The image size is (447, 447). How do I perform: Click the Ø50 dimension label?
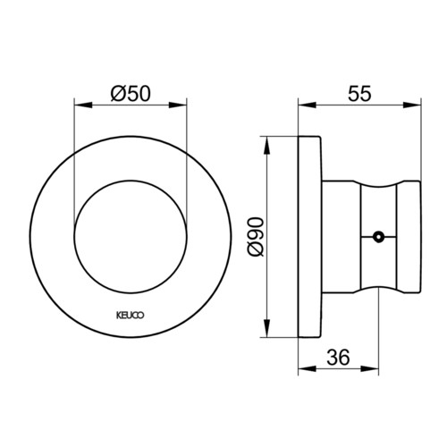131,94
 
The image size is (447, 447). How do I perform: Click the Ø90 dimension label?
256,237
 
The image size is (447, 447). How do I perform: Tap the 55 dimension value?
359,94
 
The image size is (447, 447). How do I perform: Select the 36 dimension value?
338,357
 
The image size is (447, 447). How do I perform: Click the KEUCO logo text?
130,316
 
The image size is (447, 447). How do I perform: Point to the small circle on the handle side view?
378,237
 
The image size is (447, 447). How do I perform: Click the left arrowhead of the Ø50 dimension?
82,105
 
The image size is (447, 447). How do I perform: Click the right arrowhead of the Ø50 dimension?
178,105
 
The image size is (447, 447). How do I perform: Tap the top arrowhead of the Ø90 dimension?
266,146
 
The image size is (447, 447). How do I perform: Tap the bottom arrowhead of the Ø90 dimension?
266,328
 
